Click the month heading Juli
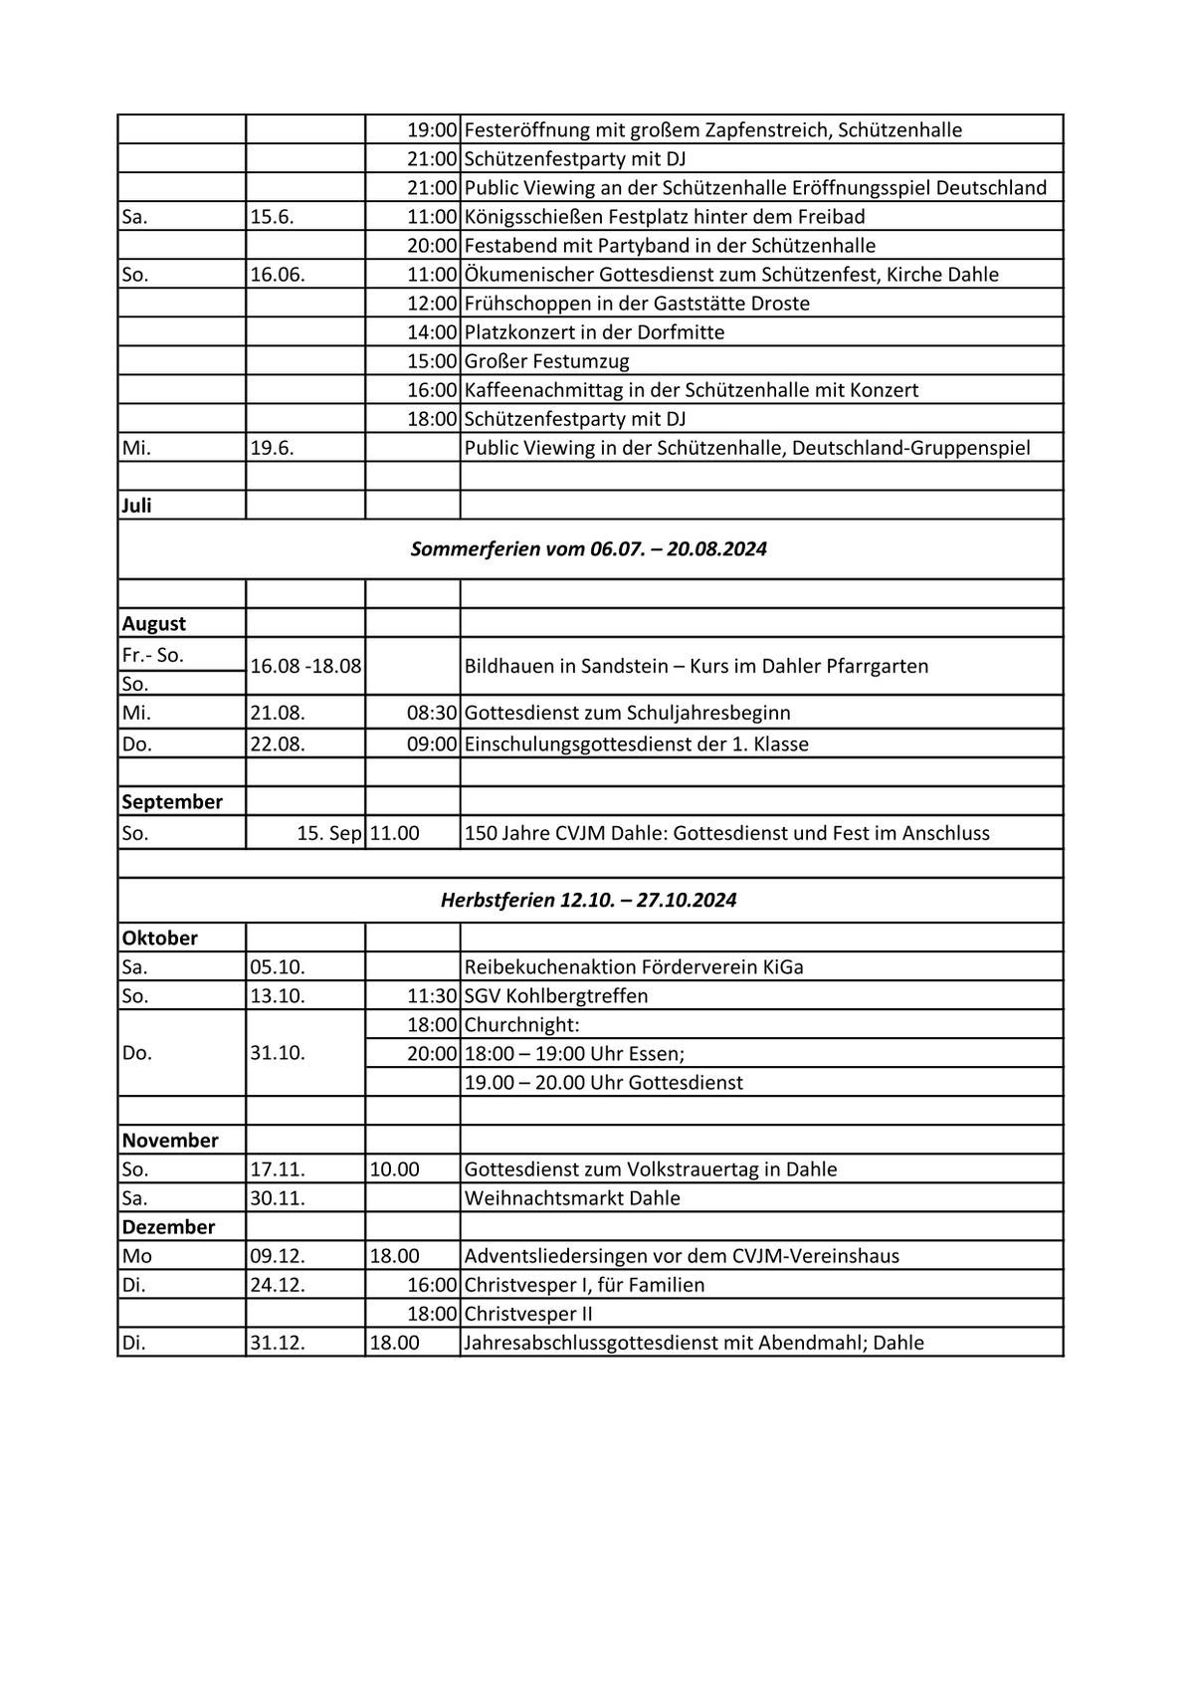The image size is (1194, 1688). [x=137, y=506]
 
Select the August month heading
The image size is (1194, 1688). [x=154, y=624]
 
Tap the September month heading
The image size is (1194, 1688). [x=172, y=802]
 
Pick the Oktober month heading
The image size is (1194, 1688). [x=160, y=939]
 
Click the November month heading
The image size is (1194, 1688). [x=170, y=1141]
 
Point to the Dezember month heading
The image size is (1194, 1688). [x=168, y=1227]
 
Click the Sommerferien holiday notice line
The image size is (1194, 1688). [x=589, y=549]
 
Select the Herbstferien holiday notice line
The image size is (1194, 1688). [x=589, y=901]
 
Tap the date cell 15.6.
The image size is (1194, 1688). [x=272, y=217]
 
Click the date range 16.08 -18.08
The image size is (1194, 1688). [x=305, y=667]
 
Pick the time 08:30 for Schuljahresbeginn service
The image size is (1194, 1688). [x=432, y=714]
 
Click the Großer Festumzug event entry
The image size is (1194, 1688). [x=546, y=361]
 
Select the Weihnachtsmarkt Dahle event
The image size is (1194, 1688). [x=572, y=1198]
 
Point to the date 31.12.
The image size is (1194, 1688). [x=278, y=1343]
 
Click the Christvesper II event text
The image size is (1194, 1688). [x=528, y=1314]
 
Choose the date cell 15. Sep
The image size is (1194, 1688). [x=329, y=833]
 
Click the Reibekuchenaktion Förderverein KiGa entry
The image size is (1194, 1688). [x=634, y=967]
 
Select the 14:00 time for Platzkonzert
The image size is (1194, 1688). [x=432, y=332]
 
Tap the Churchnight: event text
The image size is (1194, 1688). [x=521, y=1025]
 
